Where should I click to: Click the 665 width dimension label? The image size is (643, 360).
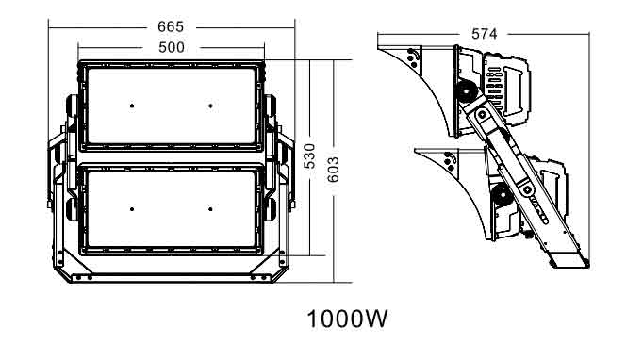coord(171,27)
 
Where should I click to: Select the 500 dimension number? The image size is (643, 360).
coord(171,47)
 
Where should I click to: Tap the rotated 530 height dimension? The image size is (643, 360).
coord(310,156)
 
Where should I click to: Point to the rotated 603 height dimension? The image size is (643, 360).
coord(334,170)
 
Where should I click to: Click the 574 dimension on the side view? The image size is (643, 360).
coord(484,34)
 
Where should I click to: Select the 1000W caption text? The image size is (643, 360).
coord(347,319)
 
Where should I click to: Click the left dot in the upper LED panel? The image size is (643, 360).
coord(132,106)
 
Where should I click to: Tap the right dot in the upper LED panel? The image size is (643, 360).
coord(210,106)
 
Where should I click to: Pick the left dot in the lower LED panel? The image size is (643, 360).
coord(132,209)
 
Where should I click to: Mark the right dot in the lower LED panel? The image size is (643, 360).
coord(210,209)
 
